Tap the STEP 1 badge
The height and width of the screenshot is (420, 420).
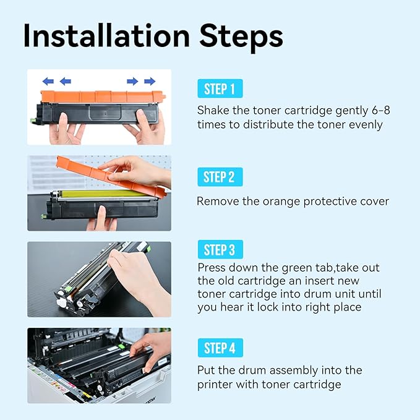pos(220,89)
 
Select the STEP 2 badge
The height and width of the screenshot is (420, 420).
pos(220,178)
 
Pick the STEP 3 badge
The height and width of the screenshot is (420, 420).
pos(220,250)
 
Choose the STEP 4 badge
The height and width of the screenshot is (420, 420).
pos(220,348)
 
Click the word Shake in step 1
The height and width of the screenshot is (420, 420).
pos(212,110)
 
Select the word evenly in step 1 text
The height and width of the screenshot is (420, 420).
pos(365,124)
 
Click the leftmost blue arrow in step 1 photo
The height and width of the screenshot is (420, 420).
pos(48,81)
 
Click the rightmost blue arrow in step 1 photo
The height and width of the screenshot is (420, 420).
pos(150,81)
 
